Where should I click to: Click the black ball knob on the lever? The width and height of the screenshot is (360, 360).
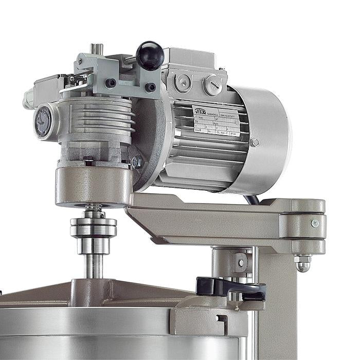[x=150, y=56]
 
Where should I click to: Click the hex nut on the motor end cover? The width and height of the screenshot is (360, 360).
[x=254, y=142]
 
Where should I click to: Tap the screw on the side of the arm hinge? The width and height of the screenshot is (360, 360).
[x=314, y=223]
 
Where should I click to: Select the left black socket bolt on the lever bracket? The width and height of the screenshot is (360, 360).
[x=111, y=83]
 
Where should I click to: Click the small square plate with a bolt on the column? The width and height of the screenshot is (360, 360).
[x=241, y=263]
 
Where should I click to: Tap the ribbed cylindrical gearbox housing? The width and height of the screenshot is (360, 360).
[x=95, y=123]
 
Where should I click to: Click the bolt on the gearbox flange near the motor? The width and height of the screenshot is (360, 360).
[x=137, y=163]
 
